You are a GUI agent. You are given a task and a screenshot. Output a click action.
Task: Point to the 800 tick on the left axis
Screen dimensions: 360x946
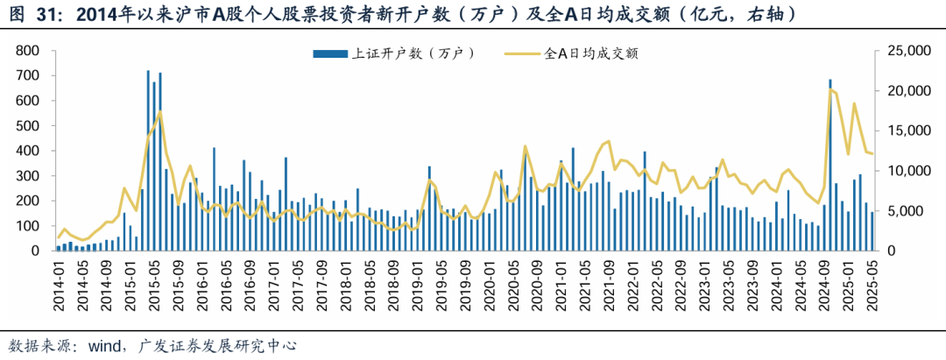pos(29,51)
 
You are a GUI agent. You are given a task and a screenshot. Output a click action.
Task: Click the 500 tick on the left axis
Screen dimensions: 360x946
pos(29,125)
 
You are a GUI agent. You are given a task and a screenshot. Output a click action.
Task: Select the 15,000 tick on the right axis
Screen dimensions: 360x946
pos(907,131)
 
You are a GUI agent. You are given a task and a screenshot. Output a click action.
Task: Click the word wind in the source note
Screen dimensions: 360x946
pos(102,345)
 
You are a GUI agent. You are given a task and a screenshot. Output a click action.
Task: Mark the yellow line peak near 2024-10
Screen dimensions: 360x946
pos(830,89)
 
